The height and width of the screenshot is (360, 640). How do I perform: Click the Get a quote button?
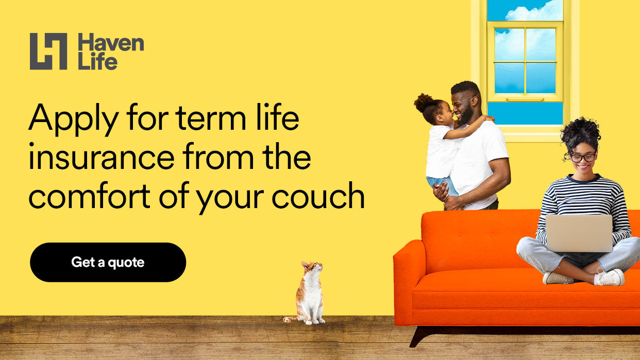coord(108,262)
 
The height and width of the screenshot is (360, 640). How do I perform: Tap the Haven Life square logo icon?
coord(48,52)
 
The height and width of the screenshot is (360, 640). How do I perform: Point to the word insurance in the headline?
coord(102,157)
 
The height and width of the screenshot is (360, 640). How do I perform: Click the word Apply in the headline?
coord(73,119)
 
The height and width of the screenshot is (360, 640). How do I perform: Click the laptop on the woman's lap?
coord(579,233)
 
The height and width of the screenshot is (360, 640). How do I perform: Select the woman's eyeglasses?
coord(583,157)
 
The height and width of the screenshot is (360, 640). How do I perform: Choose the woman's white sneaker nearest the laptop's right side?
coord(610,277)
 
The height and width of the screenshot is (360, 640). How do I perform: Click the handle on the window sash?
coord(525,99)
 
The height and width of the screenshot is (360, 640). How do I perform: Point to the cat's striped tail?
coord(290,319)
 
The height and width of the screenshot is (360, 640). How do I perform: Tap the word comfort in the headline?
coord(90,196)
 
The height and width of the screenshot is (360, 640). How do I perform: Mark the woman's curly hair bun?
coord(580,132)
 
